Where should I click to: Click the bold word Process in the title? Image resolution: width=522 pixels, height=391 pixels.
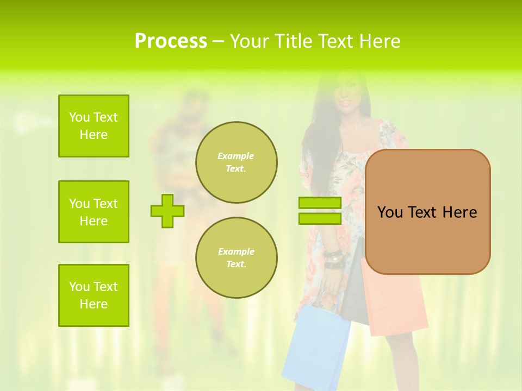tap(171, 41)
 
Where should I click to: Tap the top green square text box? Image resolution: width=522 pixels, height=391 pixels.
tap(94, 126)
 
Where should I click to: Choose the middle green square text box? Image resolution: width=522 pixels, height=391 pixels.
tap(94, 212)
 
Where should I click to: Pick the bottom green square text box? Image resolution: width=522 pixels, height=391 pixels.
tap(94, 295)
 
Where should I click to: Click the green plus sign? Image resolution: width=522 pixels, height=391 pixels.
tap(167, 211)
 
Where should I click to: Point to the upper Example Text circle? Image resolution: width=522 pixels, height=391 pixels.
tap(236, 162)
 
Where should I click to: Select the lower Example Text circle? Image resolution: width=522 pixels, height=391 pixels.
tap(236, 258)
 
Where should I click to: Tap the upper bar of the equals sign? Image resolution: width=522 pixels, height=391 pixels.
tap(320, 203)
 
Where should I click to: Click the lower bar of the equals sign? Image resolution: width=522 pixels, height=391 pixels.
tap(320, 219)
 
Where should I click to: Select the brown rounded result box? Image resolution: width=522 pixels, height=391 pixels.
tap(427, 212)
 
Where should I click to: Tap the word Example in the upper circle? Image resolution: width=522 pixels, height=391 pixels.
tap(236, 156)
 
